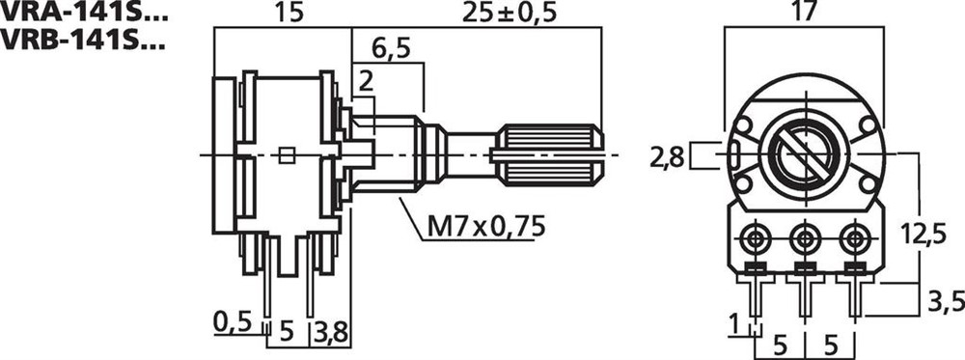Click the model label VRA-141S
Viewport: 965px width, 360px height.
[x=82, y=13]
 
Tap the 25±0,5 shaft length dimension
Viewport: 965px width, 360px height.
[x=509, y=14]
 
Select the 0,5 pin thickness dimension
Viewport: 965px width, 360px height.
[x=234, y=321]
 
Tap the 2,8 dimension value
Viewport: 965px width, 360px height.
[x=667, y=158]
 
